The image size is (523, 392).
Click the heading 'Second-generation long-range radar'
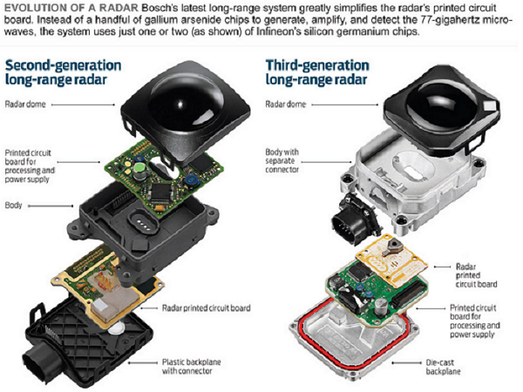coord(63,72)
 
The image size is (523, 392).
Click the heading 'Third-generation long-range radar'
coord(317,72)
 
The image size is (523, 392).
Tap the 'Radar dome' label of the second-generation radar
coord(25,105)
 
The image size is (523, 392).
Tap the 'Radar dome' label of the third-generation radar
coord(286,105)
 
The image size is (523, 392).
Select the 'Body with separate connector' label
coord(282,160)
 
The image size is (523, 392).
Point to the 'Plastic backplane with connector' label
coord(192,367)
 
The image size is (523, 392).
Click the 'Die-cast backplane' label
coord(444,367)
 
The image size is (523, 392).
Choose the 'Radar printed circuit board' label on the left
coord(206,308)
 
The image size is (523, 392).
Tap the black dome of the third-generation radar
coord(442,105)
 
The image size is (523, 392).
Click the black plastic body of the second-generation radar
coord(144,226)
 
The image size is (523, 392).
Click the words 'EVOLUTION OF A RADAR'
coord(71,8)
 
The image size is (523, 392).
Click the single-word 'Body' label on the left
coord(14,205)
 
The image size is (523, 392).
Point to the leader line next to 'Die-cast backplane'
coord(407,363)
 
